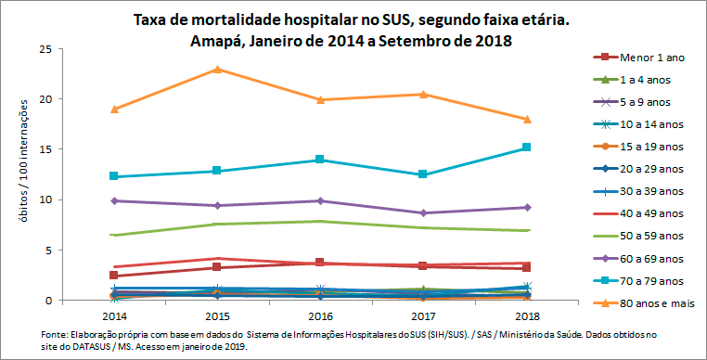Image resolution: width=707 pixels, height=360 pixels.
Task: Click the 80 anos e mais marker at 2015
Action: click(x=216, y=70)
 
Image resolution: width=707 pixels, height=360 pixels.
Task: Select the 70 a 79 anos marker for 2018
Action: click(x=526, y=148)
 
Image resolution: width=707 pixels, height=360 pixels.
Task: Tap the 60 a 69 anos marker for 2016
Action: click(x=320, y=200)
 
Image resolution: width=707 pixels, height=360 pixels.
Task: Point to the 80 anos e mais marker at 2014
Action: click(x=113, y=109)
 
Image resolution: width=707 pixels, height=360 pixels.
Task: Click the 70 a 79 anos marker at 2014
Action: click(x=113, y=176)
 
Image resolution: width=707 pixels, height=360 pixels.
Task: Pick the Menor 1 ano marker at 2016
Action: click(x=320, y=263)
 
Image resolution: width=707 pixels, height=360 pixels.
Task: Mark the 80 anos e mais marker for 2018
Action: click(x=526, y=119)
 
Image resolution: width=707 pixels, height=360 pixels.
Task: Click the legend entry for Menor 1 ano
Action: click(x=649, y=58)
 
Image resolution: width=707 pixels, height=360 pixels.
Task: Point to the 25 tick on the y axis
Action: click(x=44, y=48)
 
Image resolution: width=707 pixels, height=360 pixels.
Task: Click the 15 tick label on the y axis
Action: click(x=44, y=149)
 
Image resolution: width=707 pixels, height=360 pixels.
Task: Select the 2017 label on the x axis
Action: click(x=423, y=316)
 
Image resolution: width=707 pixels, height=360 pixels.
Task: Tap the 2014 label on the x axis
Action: click(x=113, y=316)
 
